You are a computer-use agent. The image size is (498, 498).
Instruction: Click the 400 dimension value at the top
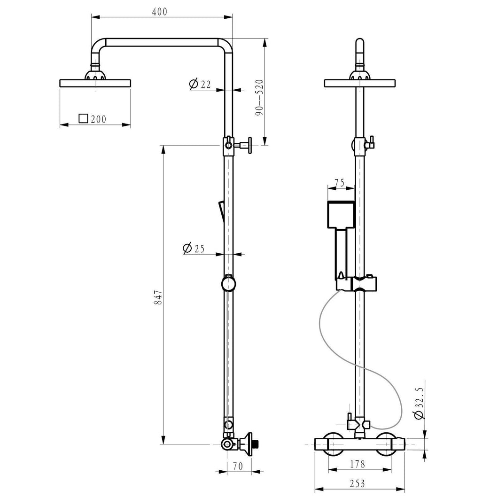coord(159,12)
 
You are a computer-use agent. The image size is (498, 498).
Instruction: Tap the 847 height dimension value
coord(158,297)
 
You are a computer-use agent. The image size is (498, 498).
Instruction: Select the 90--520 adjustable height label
coord(259,98)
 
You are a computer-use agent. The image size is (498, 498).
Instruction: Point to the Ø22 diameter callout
coord(200,84)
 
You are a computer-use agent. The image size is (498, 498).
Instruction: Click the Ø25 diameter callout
coord(194,248)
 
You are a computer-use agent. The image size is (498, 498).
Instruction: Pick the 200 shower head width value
coord(99,119)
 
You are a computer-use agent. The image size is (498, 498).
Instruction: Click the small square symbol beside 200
coord(83,118)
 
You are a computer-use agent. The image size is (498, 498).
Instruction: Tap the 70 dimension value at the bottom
coord(238,466)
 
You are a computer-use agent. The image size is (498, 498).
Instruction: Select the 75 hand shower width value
coord(339,183)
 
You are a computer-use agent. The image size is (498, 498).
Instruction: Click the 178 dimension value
coord(358,464)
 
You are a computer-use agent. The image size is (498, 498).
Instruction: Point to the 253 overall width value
coord(358,484)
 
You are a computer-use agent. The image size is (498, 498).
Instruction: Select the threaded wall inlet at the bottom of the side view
coord(257,444)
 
